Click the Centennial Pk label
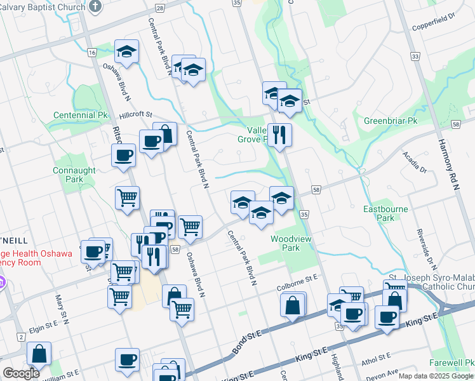81,116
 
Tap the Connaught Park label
74,175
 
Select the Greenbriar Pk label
390,121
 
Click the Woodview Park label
285,243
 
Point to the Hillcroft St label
136,115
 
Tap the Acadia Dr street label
413,162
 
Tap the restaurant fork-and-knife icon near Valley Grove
279,134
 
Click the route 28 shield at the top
159,8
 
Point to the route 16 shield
92,52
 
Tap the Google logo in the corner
21,373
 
